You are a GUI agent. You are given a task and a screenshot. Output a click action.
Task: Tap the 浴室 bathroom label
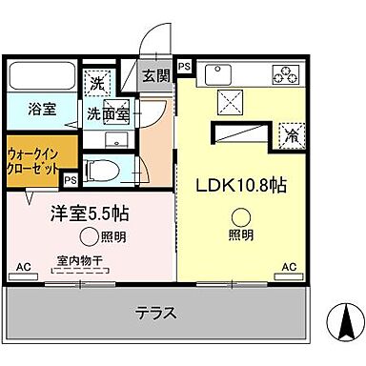41,109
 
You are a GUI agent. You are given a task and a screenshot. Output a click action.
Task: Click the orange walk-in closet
34,157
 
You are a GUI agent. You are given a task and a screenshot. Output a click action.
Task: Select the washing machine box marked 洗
96,82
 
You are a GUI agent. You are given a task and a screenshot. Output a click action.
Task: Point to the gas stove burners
284,72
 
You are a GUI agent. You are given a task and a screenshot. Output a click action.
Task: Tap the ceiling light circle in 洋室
89,235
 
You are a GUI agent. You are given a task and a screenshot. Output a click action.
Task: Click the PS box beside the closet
71,178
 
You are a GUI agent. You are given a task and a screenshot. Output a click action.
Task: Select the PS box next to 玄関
184,67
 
